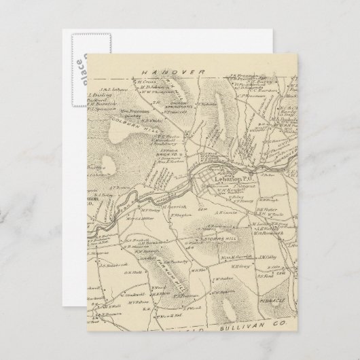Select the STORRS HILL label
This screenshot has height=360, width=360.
[x=219, y=239]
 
